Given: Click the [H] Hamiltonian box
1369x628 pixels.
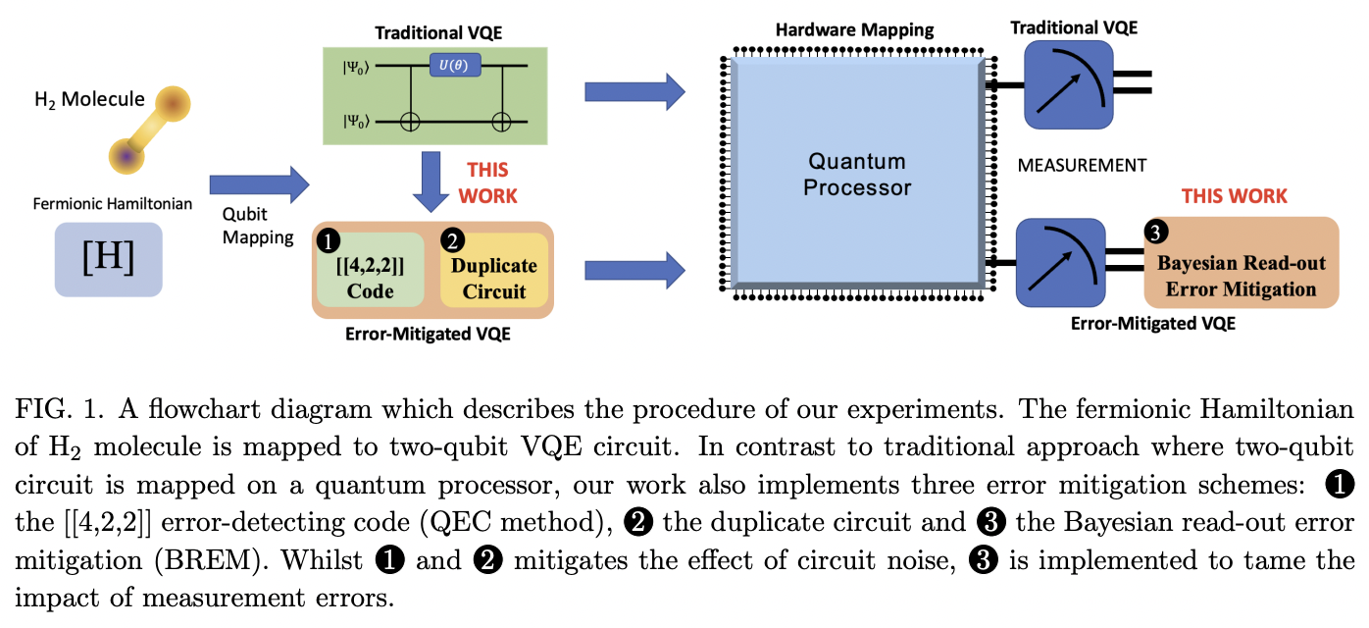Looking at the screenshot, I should pos(108,259).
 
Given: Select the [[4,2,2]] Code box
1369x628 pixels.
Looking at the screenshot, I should pos(370,270).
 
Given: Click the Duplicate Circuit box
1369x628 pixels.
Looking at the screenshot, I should pos(493,270).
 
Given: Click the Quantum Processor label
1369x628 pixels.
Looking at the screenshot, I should pos(857,174).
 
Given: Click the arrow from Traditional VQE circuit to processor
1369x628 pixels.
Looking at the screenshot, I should pos(634,92).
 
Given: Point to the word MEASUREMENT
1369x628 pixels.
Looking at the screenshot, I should pos(1083,164).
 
